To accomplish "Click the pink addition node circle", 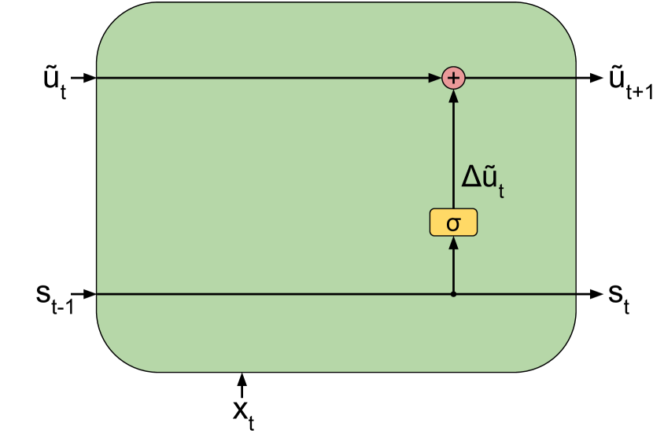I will tap(453, 78).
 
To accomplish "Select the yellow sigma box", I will tap(453, 223).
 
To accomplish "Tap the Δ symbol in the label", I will tap(471, 176).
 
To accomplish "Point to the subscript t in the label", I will tap(501, 191).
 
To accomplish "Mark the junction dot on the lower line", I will tap(453, 294).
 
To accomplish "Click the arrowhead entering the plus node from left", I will tap(434, 78).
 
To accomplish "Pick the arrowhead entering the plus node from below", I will tap(453, 97).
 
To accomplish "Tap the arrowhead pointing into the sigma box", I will tap(453, 243).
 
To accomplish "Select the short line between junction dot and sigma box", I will tap(453, 271).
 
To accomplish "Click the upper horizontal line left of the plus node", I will tap(260, 78).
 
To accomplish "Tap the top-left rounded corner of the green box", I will tap(114, 20).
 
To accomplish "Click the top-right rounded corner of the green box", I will tap(558, 20).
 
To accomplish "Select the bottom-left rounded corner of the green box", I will tap(114, 354).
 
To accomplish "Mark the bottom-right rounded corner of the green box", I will tap(558, 354).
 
